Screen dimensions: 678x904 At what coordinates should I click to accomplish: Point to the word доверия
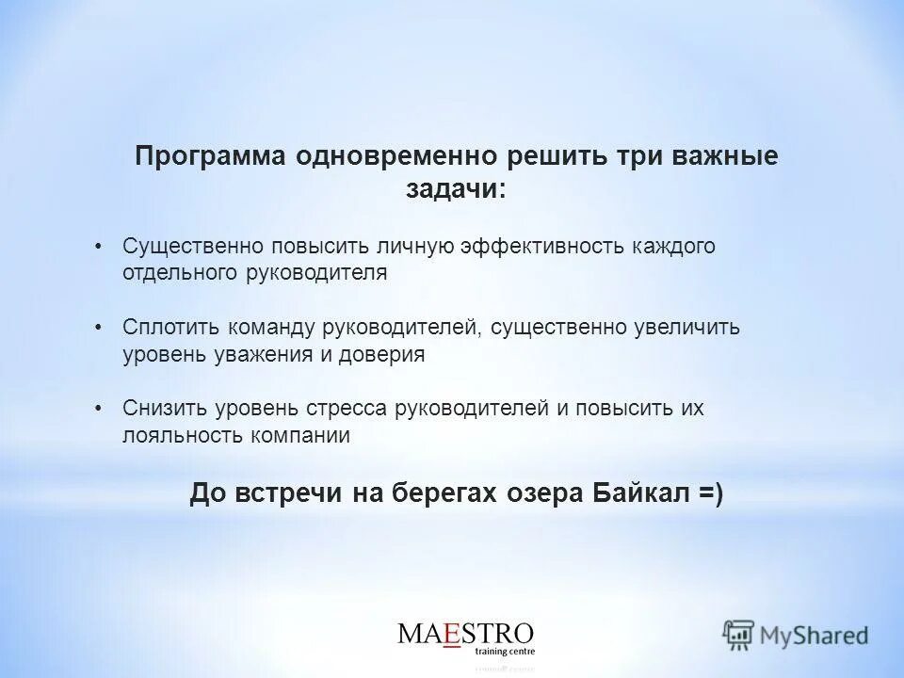[384, 355]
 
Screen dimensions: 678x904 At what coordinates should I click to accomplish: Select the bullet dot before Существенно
[100, 247]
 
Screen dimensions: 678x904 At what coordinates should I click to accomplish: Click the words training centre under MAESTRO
[504, 651]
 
